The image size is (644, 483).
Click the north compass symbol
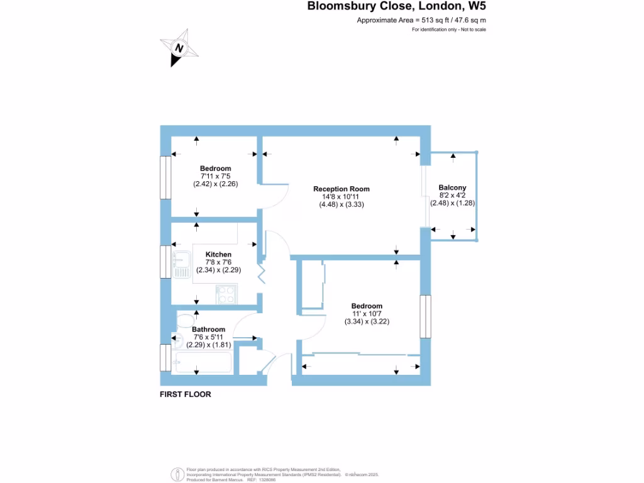click(180, 48)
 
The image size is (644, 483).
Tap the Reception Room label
click(341, 189)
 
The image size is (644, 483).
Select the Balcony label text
click(452, 187)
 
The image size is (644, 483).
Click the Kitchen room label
click(218, 254)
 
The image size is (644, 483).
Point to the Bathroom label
click(208, 329)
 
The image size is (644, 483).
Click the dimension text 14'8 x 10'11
click(341, 196)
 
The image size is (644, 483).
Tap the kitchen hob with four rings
click(226, 294)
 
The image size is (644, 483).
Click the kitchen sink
click(182, 264)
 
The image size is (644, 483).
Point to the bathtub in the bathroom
click(203, 363)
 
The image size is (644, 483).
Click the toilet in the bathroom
click(184, 321)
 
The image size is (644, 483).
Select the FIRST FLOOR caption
click(186, 394)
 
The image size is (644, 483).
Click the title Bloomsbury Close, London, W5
click(396, 8)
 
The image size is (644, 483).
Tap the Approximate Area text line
click(421, 20)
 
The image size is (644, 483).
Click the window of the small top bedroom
click(165, 177)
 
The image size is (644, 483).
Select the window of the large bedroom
click(425, 316)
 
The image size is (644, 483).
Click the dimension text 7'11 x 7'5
click(215, 176)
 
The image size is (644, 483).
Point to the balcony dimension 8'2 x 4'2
click(452, 196)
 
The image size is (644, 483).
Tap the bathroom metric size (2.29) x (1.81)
click(208, 344)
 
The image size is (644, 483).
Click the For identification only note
click(448, 30)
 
